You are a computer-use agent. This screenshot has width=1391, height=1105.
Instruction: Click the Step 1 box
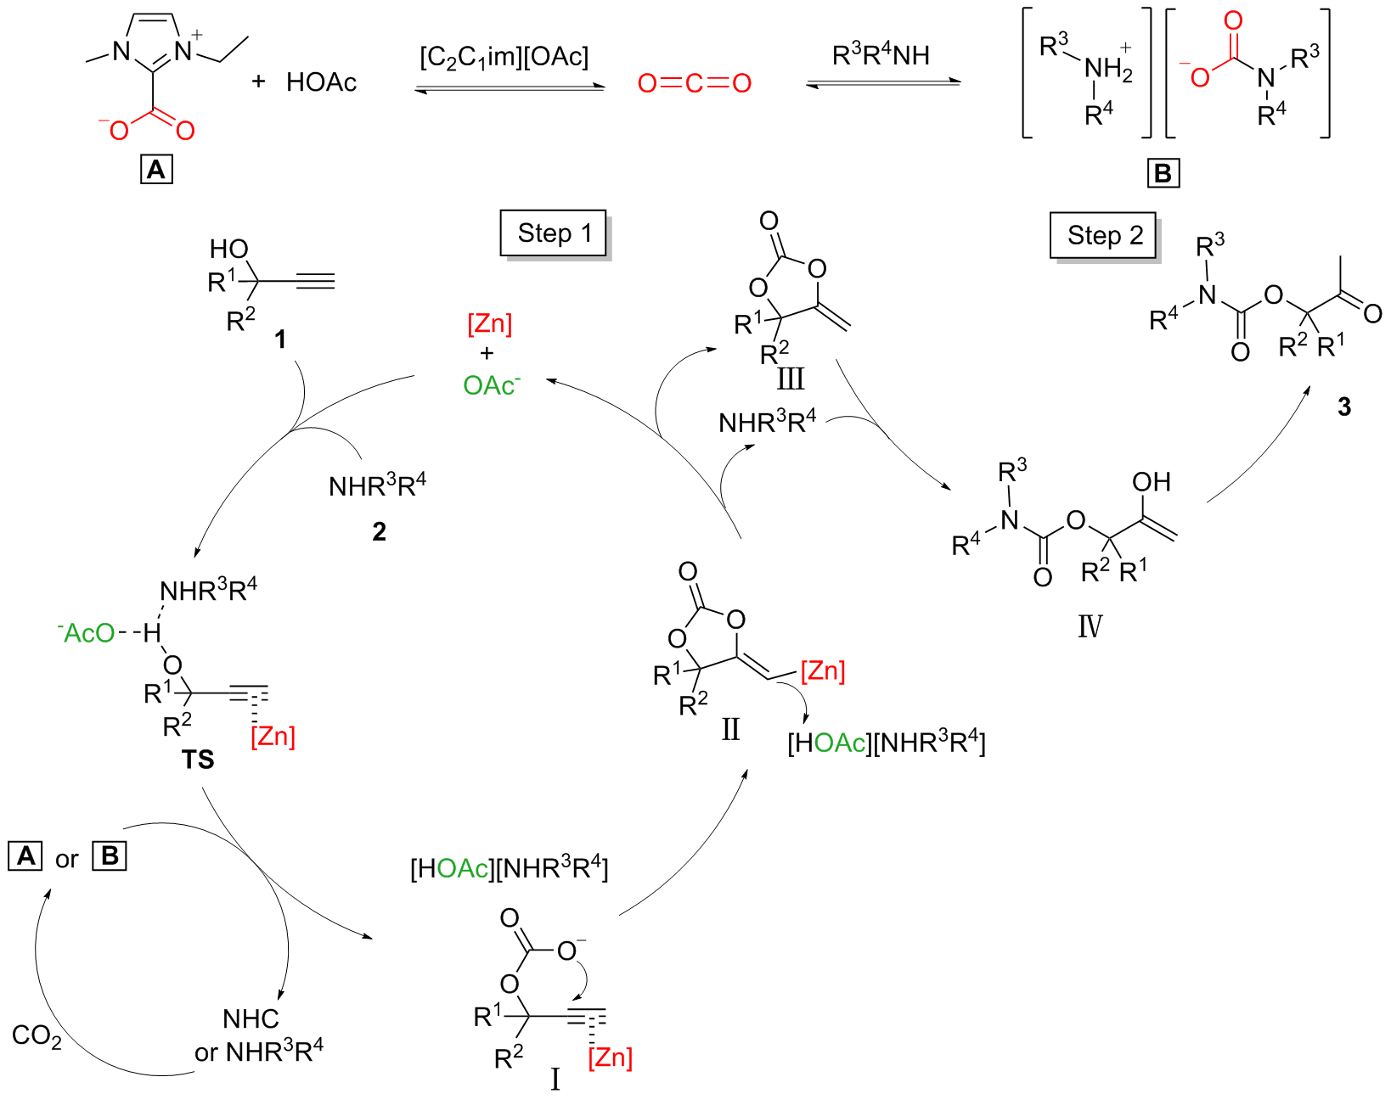(x=554, y=233)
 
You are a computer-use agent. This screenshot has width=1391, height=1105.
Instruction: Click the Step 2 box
(x=1104, y=235)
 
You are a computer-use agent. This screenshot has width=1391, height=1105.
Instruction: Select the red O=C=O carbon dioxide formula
(x=695, y=83)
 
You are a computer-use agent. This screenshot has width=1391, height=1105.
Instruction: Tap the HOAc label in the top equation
(x=321, y=82)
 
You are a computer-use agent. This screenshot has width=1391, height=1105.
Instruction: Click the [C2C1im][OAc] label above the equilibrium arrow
(x=504, y=58)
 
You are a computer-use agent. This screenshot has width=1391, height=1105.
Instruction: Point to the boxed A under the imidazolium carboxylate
(x=156, y=170)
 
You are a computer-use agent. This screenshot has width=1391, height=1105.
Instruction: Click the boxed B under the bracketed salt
(x=1163, y=173)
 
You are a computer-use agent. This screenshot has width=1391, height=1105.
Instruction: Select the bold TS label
(x=198, y=760)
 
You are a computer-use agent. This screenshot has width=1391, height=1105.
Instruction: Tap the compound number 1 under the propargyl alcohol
(x=279, y=340)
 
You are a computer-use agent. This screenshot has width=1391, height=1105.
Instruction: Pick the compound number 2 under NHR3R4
(x=379, y=532)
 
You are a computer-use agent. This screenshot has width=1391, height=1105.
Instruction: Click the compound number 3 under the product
(x=1343, y=407)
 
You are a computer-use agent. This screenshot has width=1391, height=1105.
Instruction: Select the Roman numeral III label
(x=790, y=379)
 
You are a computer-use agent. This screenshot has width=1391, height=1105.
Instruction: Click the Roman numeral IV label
(x=1090, y=626)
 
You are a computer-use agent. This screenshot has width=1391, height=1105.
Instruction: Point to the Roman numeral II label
(x=730, y=729)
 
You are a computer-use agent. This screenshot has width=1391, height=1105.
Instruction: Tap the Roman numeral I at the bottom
(x=555, y=1080)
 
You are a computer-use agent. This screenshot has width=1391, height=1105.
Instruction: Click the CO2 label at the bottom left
(x=37, y=1036)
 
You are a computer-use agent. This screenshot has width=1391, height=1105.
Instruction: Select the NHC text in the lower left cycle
(x=251, y=1018)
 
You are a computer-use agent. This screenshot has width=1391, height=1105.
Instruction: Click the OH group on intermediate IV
(x=1152, y=482)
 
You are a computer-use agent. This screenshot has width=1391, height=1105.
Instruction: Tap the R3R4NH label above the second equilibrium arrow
(x=881, y=56)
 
